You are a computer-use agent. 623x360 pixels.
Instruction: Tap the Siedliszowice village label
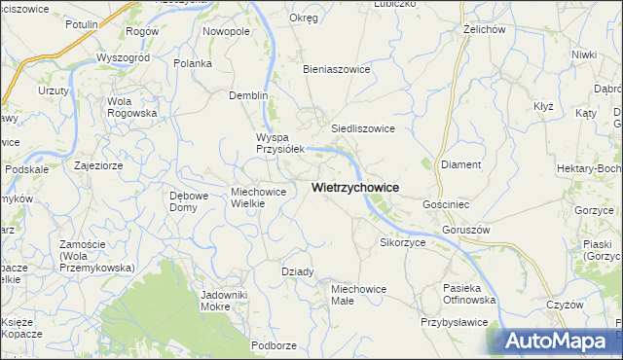362,127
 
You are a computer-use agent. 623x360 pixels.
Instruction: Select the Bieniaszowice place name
338,70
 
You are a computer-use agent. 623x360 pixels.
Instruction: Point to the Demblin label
247,95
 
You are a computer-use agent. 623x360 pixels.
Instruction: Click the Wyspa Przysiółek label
280,143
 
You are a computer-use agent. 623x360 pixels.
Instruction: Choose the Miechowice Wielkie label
258,198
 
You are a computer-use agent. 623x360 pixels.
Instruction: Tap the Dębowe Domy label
189,201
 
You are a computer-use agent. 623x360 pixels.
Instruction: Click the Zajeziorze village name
97,165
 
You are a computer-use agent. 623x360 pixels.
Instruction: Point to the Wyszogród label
122,57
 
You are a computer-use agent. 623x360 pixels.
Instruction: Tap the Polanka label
193,63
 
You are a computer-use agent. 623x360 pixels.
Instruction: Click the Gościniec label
447,205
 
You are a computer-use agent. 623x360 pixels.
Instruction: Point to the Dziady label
297,271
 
